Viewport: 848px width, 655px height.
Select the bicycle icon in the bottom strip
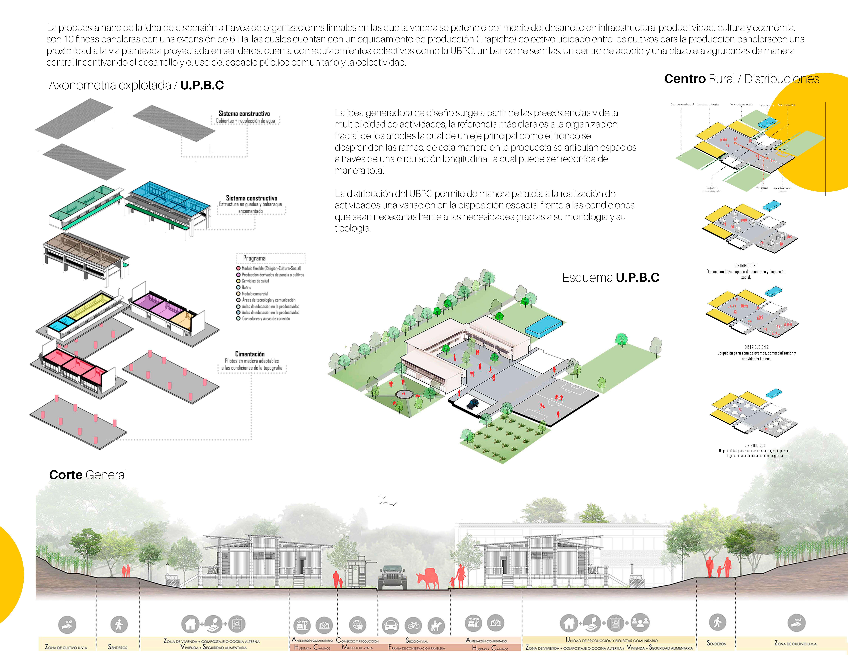pos(413,625)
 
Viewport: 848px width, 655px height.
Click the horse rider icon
pos(436,625)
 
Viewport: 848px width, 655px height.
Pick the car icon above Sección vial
pos(391,625)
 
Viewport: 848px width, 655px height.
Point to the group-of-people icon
pos(640,622)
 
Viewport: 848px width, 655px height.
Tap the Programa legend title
pos(254,258)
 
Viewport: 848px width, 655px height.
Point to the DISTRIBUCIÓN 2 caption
pos(756,347)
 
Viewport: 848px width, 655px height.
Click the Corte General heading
pos(88,475)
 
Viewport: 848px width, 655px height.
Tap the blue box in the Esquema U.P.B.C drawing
pos(544,325)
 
